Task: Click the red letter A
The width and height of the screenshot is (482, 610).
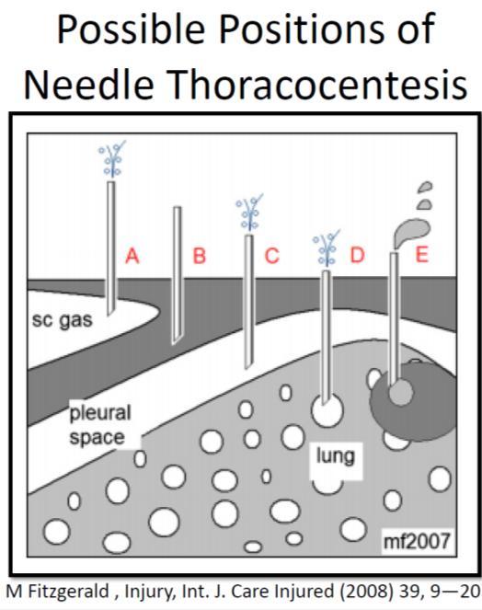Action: click(x=132, y=257)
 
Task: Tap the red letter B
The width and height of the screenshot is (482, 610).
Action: click(x=200, y=257)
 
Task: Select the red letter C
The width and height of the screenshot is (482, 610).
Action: click(x=272, y=256)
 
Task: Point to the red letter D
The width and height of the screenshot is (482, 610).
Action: click(x=358, y=255)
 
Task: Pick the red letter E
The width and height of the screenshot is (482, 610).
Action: click(x=422, y=255)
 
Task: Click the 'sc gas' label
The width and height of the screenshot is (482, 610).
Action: click(x=63, y=321)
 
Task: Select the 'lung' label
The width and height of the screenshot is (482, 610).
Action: click(x=336, y=456)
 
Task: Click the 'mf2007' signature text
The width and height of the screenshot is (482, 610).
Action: click(x=417, y=541)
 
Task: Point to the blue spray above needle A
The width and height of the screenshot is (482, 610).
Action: click(x=112, y=159)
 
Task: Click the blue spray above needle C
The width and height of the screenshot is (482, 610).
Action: click(x=249, y=213)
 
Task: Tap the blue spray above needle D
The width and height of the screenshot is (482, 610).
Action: click(x=327, y=247)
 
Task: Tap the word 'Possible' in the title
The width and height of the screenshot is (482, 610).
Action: click(x=131, y=29)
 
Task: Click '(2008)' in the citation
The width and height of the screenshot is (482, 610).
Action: click(x=365, y=592)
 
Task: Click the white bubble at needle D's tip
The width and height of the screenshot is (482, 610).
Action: click(x=327, y=410)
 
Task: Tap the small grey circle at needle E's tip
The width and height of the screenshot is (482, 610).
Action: click(x=401, y=392)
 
